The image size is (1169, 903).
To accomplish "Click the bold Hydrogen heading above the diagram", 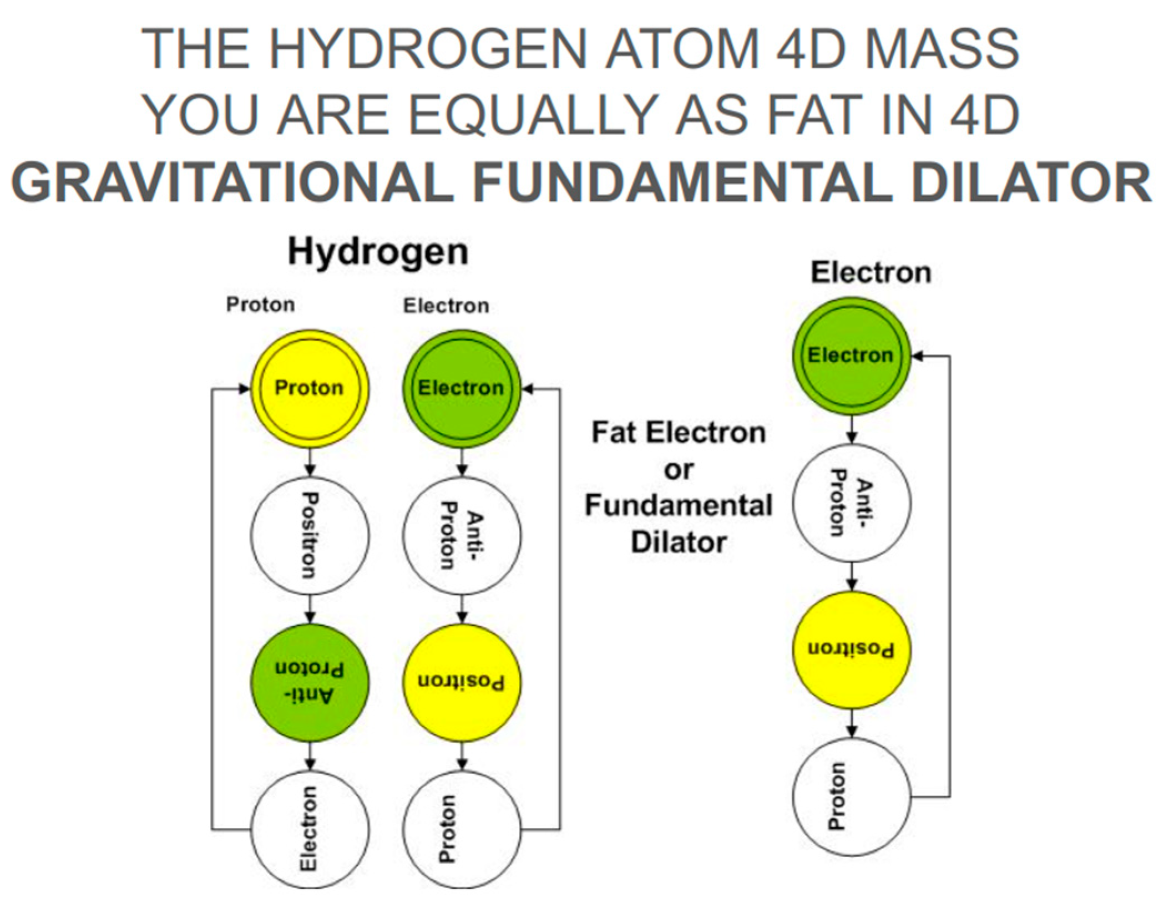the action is pos(378,252).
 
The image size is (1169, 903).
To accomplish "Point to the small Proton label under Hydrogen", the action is pos(260,305).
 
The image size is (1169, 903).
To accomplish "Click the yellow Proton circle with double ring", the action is pos(310,388).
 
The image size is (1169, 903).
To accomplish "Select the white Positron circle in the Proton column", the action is pos(310,535).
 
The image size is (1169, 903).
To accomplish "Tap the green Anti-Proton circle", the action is pos(310,682).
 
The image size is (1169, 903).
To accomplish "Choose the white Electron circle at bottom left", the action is pos(310,829).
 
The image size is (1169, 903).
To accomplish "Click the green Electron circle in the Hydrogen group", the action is pos(462,388).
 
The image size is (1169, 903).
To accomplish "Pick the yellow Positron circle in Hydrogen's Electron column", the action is pos(462,682).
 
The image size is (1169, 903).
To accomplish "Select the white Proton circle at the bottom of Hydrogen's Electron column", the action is pos(462,829).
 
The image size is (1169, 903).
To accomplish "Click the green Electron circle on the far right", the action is pos(851,356).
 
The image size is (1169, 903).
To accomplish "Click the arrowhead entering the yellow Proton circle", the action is pos(245,389).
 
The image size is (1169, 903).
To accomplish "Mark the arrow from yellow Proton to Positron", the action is pos(310,463).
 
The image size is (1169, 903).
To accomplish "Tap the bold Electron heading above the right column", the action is pos(871,273).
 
